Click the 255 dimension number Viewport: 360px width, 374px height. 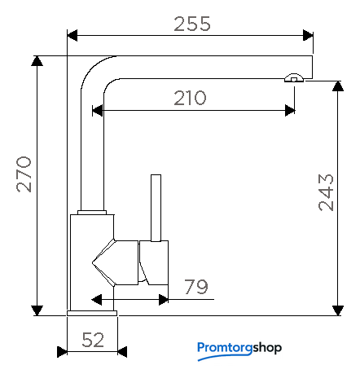point(192,24)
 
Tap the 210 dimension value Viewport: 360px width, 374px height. point(190,98)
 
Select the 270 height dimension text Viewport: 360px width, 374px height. point(24,174)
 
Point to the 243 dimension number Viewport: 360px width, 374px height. point(326,192)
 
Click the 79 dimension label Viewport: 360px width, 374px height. point(196,287)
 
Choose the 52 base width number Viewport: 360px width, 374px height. point(93,340)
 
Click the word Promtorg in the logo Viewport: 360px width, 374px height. point(225,349)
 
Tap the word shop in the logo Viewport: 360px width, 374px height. point(267,348)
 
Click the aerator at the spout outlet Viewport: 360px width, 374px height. point(294,78)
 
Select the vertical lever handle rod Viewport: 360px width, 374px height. point(156,208)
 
